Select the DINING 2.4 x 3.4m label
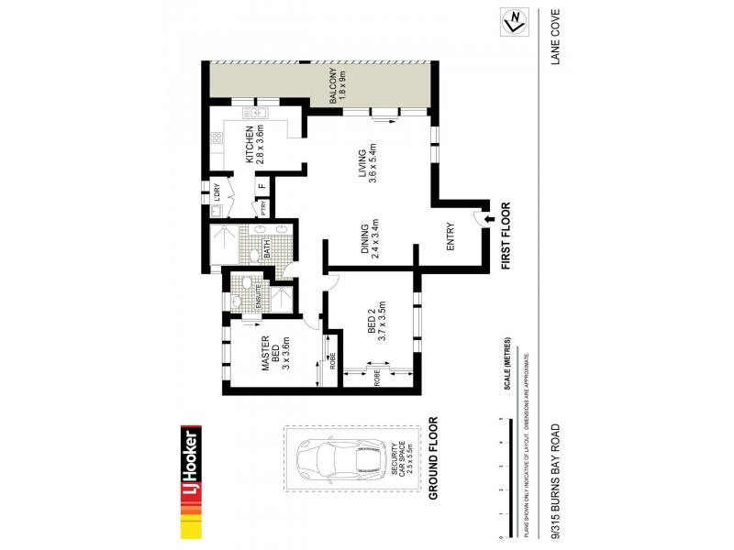pyautogui.click(x=370, y=241)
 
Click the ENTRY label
pyautogui.click(x=450, y=239)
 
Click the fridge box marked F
pyautogui.click(x=262, y=188)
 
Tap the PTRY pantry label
pyautogui.click(x=262, y=208)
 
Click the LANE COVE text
pyautogui.click(x=555, y=36)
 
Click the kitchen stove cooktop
pyautogui.click(x=217, y=140)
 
